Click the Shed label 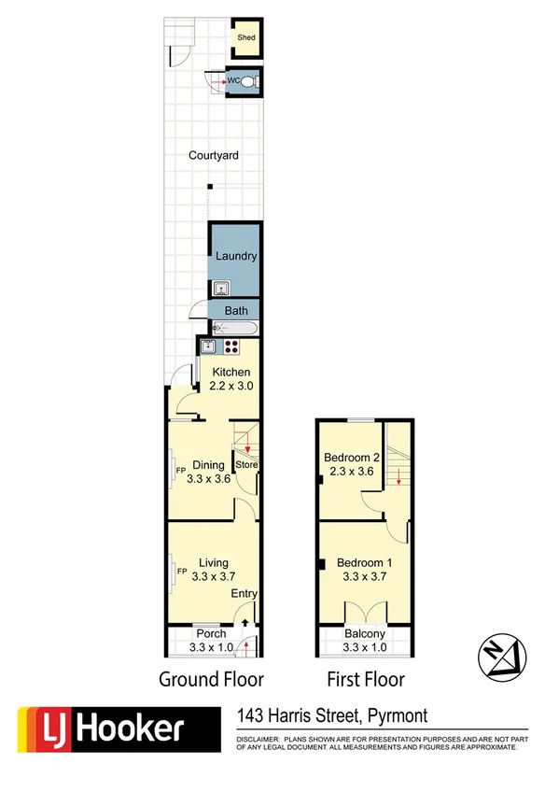245,37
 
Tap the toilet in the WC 249,82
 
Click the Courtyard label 213,156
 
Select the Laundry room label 235,256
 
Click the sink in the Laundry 222,289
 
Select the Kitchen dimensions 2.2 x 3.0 230,385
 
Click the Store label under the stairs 246,464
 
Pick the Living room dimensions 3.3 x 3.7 214,576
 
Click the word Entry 245,594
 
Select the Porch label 210,634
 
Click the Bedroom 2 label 350,458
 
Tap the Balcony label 364,634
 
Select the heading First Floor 365,679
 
